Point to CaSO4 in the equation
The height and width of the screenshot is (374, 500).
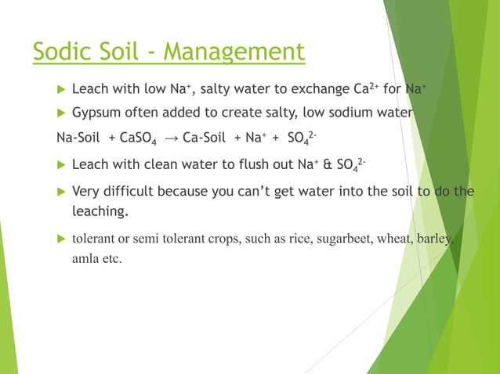tap(138, 140)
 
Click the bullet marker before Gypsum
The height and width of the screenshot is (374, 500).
tap(60, 113)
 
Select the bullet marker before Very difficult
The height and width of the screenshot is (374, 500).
tap(60, 192)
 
